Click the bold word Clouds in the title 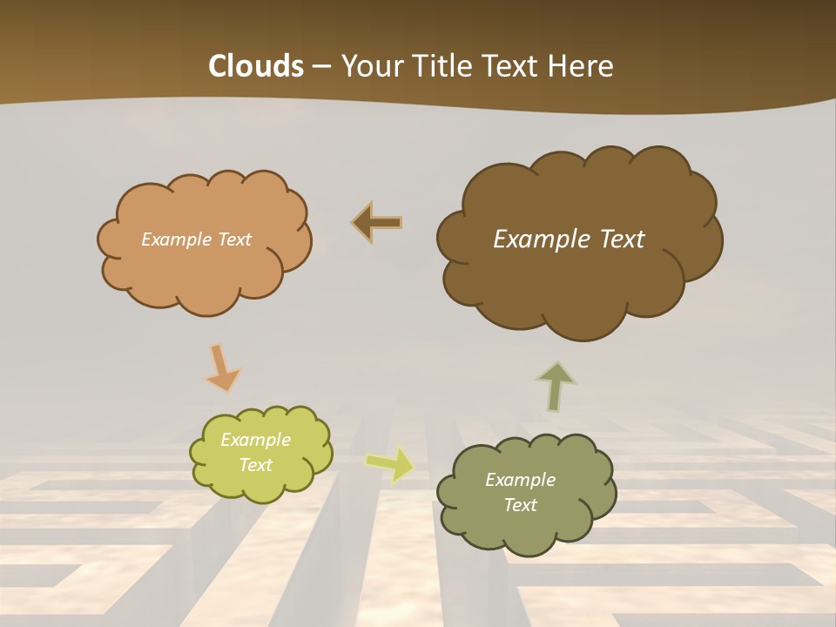255,66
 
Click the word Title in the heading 442,66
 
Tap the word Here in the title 581,66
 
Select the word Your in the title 372,66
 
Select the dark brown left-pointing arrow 377,223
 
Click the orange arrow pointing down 221,367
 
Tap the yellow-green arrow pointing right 390,463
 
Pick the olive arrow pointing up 556,386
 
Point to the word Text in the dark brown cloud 616,239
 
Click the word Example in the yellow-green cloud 255,440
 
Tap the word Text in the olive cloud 520,505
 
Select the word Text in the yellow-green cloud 255,465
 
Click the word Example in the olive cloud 520,480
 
